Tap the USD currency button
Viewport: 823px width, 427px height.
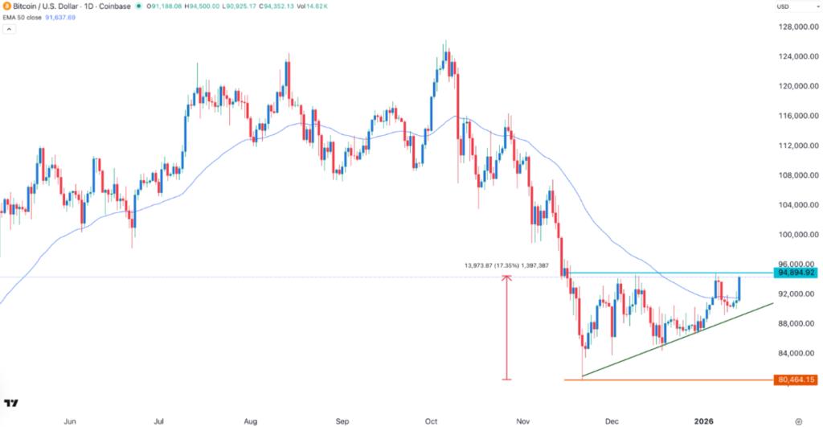click(784, 6)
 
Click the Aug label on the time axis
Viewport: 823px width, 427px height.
click(250, 420)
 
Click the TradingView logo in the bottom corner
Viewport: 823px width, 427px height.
click(11, 404)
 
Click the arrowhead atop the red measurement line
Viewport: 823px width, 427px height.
click(506, 278)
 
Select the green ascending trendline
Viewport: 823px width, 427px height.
click(675, 340)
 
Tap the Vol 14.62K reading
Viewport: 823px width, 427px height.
click(313, 6)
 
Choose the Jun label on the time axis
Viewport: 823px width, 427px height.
click(70, 420)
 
